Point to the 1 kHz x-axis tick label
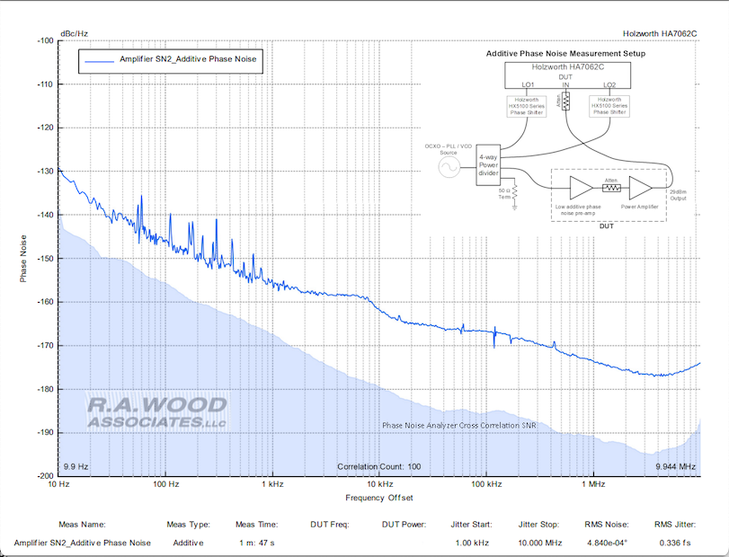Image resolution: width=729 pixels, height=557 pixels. coord(272,483)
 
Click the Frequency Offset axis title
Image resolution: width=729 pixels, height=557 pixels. coord(378,497)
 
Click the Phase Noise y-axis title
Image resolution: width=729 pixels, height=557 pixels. coord(24,259)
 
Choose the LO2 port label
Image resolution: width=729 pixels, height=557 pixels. coord(609,85)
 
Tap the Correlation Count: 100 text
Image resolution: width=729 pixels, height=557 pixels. coord(378,467)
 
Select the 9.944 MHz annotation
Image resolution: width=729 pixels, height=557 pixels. coord(675,467)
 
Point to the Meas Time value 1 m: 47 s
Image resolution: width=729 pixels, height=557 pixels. coord(256,543)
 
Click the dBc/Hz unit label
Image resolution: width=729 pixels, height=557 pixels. coord(74,33)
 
